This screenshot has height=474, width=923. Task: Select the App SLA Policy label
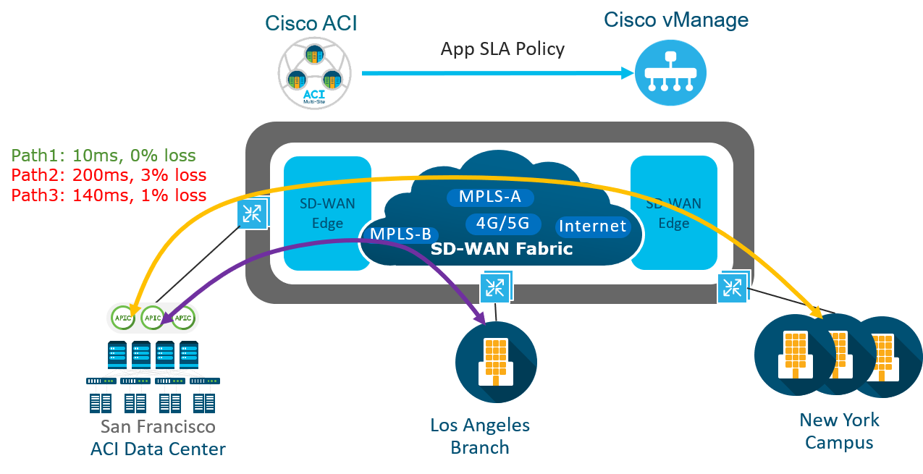click(502, 49)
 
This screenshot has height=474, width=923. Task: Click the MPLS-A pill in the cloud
click(490, 197)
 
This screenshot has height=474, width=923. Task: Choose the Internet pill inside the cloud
click(592, 227)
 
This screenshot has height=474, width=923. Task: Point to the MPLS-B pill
click(400, 234)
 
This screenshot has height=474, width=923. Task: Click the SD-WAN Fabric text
click(502, 249)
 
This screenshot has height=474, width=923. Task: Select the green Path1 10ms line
click(104, 156)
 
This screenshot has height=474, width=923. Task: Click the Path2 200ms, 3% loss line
click(109, 175)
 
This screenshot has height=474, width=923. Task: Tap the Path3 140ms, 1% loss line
click(109, 195)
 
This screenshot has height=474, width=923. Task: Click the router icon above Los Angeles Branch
click(496, 287)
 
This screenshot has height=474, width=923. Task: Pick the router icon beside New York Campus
click(733, 287)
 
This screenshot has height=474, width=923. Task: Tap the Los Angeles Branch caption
click(479, 436)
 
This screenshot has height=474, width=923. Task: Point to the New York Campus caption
click(839, 431)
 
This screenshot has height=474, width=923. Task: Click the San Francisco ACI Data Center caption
click(158, 438)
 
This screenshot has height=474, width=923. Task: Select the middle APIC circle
click(153, 317)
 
